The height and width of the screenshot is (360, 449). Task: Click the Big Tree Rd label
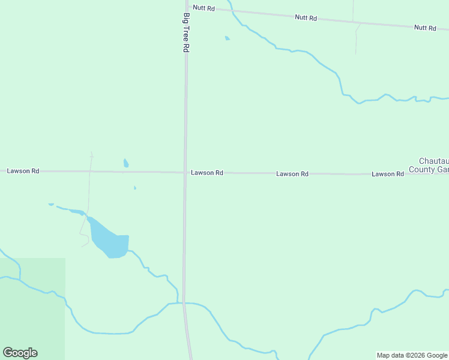coord(187,32)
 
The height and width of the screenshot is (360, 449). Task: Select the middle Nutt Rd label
coord(306,18)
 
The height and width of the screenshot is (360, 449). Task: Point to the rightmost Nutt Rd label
coord(425,28)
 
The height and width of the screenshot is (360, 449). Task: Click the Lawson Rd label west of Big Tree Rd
coord(23,171)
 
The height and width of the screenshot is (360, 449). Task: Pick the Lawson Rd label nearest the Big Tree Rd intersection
coord(207,173)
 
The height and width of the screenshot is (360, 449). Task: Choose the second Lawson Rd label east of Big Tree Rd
coord(292,174)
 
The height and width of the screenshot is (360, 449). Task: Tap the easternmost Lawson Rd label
coord(387,174)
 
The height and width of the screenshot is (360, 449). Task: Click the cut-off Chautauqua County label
coord(433,165)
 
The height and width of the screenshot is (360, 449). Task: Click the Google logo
coord(20,353)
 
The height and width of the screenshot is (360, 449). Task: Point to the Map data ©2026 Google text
coord(412,355)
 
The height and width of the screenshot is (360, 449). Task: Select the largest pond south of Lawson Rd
coord(109,240)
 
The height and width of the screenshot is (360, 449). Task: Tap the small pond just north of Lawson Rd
coord(126,163)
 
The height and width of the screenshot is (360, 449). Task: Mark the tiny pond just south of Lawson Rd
coord(134,188)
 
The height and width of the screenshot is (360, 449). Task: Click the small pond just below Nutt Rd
coord(227,38)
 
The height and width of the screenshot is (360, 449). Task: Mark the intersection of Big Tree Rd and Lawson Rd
coord(185,173)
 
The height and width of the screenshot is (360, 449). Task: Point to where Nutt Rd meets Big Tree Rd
coord(186,6)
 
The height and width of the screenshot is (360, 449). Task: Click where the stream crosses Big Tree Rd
coord(184,303)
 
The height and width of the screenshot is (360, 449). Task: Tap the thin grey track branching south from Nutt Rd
coord(356,39)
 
